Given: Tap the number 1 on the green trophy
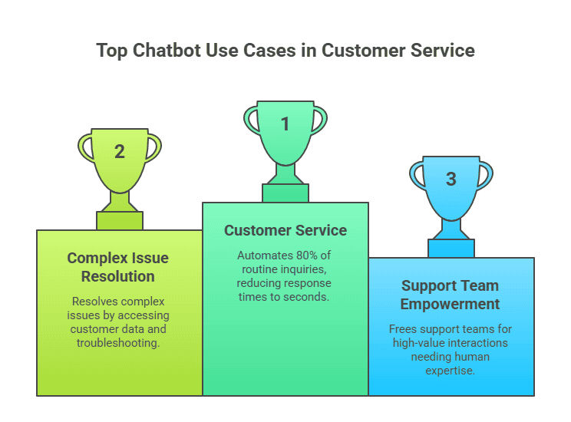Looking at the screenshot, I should (x=285, y=124).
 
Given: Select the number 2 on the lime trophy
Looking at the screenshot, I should (x=120, y=151).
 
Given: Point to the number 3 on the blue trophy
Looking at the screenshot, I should (x=451, y=179).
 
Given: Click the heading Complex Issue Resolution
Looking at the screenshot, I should (x=117, y=267).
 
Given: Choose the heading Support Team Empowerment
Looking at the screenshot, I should (x=450, y=295).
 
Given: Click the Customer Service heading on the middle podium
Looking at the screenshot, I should (x=285, y=230).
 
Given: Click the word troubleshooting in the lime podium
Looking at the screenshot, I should (x=117, y=343).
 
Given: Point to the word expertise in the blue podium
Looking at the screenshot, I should (x=450, y=371).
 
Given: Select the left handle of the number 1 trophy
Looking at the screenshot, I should (x=251, y=119).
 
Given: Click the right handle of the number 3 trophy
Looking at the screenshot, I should (x=484, y=174).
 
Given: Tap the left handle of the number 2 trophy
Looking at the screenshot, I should (x=85, y=147).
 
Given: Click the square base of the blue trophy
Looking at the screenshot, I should (x=451, y=248).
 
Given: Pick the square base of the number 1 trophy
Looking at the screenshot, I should (x=285, y=193).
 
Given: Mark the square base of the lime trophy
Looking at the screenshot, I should (x=120, y=220).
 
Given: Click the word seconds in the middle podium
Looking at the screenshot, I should (x=308, y=297).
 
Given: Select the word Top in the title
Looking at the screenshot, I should (x=111, y=51).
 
